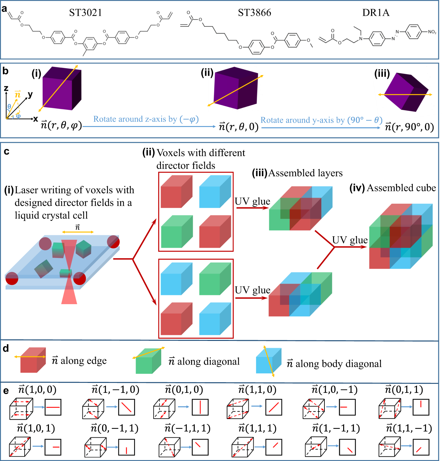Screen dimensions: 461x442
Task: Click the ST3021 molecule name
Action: [85, 13]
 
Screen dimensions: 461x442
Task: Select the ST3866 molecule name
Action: [254, 13]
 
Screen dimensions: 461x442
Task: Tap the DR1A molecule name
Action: [376, 13]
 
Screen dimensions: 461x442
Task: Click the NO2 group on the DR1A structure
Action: [432, 32]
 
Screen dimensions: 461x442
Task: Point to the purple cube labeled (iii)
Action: [406, 92]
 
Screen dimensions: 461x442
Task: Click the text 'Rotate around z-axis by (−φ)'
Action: [146, 119]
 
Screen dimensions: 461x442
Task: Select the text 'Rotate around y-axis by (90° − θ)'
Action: [321, 120]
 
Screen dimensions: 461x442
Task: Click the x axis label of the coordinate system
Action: [35, 119]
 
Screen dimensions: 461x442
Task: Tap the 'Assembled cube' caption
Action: [401, 188]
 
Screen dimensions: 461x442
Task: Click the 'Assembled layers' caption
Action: [305, 173]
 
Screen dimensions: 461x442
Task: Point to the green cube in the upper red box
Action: [176, 231]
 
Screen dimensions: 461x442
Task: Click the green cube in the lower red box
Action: [215, 279]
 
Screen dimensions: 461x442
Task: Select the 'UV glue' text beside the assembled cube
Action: [350, 240]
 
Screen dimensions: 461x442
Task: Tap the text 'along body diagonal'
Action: [339, 364]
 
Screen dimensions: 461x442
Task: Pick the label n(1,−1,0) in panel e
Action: [115, 389]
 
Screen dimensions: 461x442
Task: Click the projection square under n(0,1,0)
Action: [200, 407]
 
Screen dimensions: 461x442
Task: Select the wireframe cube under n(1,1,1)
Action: [242, 447]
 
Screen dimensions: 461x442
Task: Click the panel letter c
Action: [6, 152]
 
